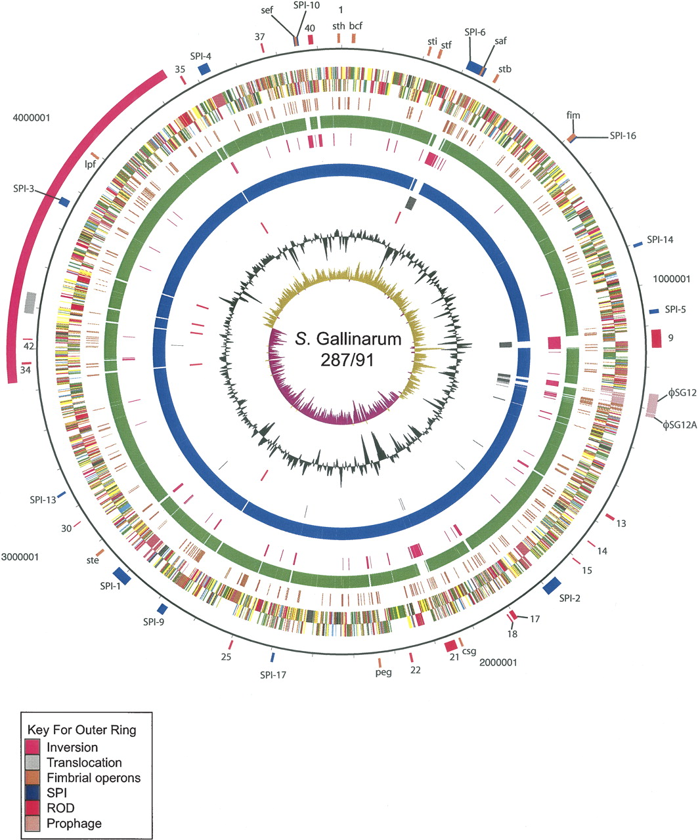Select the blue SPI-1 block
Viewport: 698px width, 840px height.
tap(123, 576)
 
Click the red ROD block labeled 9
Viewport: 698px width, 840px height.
tap(656, 338)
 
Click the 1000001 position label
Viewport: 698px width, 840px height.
tap(672, 278)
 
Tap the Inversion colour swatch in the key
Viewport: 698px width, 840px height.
tap(34, 747)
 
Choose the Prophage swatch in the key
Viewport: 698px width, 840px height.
tap(34, 823)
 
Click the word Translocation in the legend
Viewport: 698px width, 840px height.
tap(84, 763)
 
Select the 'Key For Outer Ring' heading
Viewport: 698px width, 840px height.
tap(81, 730)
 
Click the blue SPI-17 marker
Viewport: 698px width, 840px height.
tap(273, 657)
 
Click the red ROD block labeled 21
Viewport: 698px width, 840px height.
tap(450, 646)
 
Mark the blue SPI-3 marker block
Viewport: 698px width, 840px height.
tap(64, 202)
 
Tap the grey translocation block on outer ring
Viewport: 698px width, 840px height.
tap(30, 303)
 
